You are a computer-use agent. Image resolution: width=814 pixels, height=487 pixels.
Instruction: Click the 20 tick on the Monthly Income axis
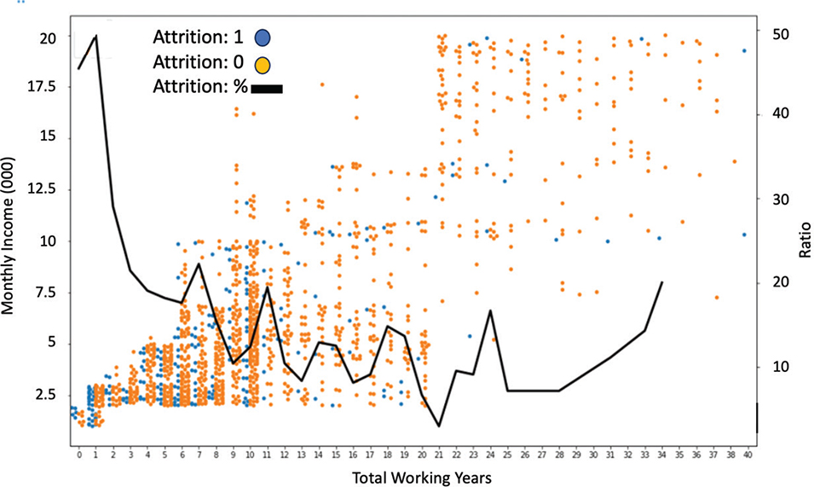[49, 38]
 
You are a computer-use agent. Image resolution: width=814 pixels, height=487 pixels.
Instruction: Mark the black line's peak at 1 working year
[95, 36]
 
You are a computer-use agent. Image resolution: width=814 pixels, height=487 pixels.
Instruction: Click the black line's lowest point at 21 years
[440, 426]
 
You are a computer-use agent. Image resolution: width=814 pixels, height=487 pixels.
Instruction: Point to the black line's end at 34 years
[662, 282]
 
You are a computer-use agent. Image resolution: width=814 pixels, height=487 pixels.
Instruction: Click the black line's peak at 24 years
[491, 311]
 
